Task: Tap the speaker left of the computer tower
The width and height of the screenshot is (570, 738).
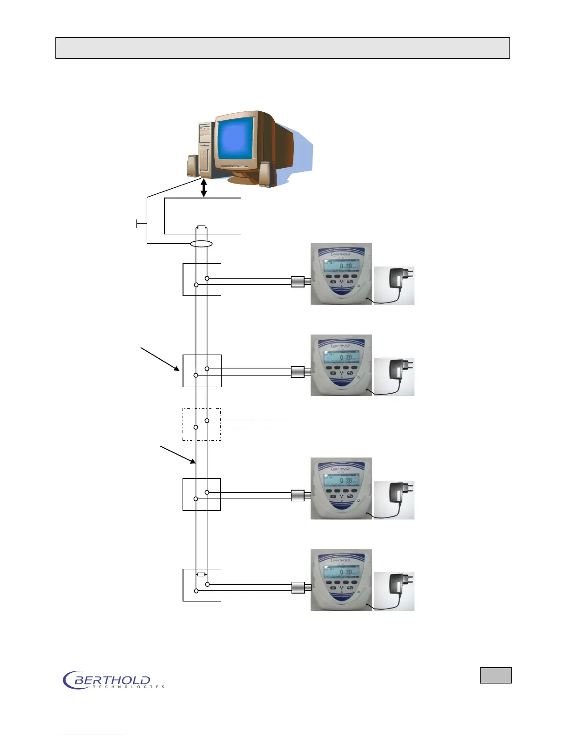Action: click(193, 165)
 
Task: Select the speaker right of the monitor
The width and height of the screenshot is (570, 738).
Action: click(265, 174)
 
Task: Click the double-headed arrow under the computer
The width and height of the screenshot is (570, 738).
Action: click(204, 188)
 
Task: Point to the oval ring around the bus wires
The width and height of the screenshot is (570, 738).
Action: click(201, 244)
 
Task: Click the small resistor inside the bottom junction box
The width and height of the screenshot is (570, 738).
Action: click(201, 574)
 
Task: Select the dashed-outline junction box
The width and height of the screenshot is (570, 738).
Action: click(202, 424)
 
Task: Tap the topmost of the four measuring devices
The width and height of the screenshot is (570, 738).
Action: click(341, 274)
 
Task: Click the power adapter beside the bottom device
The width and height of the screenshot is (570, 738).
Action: click(394, 591)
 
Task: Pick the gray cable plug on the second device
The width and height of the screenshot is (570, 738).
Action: click(298, 372)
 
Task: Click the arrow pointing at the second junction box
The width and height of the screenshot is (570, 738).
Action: click(161, 359)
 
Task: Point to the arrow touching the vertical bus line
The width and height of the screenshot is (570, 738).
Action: click(178, 455)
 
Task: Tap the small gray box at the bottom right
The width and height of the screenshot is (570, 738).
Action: click(496, 675)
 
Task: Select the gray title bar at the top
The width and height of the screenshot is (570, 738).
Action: click(282, 48)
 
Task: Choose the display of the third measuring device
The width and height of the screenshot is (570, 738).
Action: click(341, 480)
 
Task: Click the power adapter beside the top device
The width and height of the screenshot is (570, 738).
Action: click(394, 286)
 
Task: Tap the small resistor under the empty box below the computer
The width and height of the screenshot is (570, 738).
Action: click(201, 227)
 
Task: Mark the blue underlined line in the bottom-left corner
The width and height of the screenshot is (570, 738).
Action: click(92, 734)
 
